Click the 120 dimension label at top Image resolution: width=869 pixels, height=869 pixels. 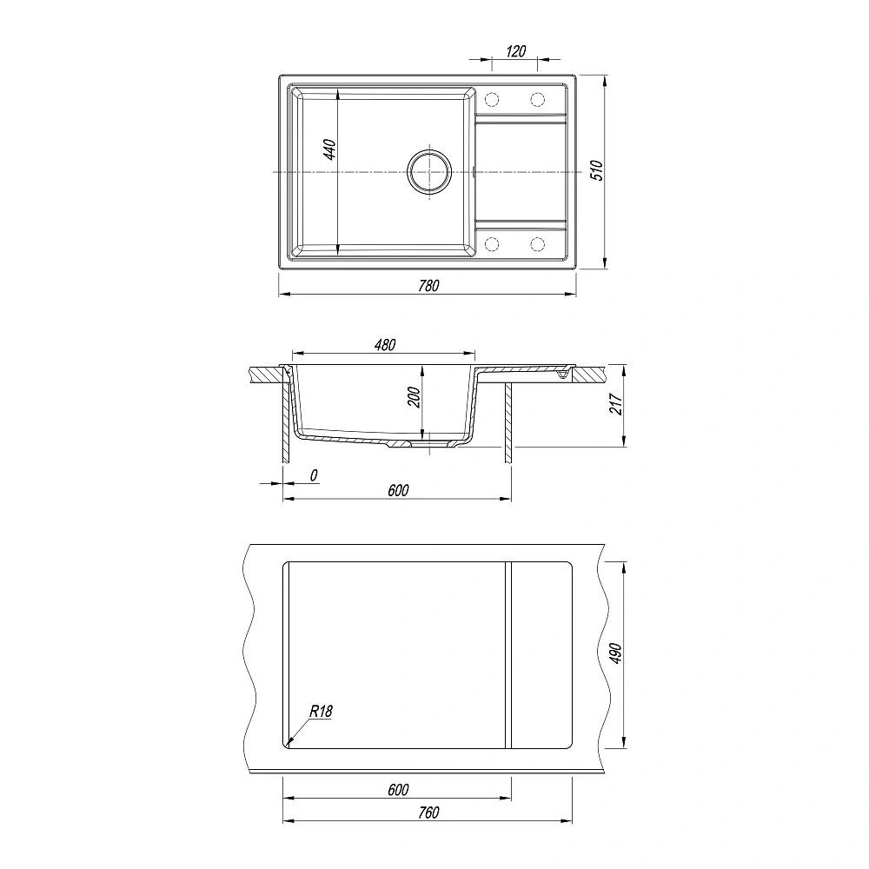tap(515, 51)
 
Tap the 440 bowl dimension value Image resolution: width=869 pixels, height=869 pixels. tap(329, 149)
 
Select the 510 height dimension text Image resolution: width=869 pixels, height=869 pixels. tap(596, 170)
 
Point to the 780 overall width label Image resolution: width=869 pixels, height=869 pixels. tap(429, 285)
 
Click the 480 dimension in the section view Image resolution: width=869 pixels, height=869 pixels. tap(385, 345)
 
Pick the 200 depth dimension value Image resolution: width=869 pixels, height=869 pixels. tap(414, 397)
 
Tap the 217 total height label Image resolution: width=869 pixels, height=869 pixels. tap(616, 405)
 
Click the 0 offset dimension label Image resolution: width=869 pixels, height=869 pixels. tap(314, 475)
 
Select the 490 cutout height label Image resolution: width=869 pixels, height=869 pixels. tap(616, 654)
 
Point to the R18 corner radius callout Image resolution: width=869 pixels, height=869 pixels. tap(321, 711)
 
